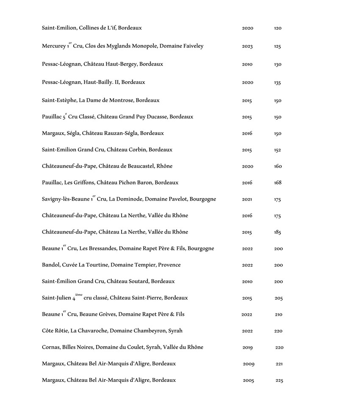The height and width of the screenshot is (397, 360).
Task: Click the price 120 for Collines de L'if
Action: [277, 28]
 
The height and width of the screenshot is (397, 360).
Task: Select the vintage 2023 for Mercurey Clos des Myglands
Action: [247, 47]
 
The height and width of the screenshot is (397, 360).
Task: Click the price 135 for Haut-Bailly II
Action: [277, 83]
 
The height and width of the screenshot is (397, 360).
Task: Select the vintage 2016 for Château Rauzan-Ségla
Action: [247, 134]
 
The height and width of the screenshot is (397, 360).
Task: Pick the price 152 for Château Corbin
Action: [277, 150]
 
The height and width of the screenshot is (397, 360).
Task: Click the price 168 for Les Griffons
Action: [277, 183]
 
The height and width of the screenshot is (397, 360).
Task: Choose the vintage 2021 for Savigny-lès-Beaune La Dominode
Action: [247, 199]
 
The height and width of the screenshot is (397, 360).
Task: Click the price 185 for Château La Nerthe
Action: [277, 232]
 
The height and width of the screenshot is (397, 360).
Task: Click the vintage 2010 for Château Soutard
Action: [247, 282]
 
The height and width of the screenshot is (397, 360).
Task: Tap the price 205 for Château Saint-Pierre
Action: [278, 298]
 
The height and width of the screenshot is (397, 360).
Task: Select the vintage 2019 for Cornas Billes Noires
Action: [247, 348]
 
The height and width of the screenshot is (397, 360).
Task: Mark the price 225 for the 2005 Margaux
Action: [279, 381]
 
